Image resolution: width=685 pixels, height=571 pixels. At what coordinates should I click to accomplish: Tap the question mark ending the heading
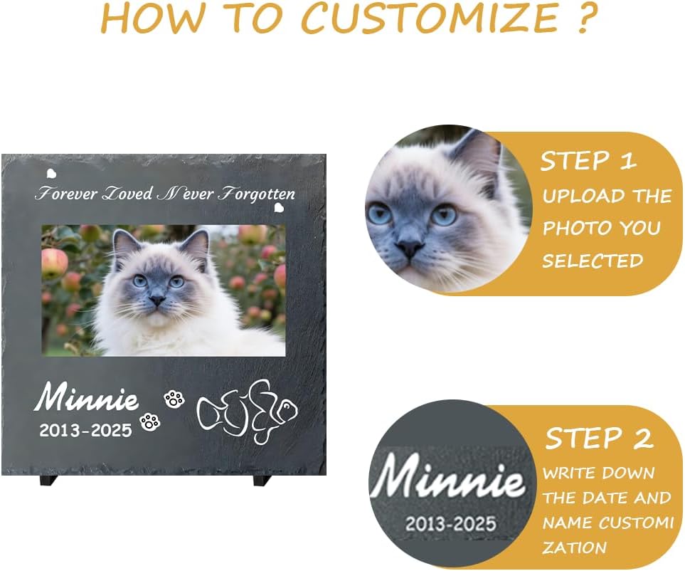[x=583, y=19]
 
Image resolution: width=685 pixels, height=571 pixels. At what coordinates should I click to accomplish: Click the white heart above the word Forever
[x=51, y=173]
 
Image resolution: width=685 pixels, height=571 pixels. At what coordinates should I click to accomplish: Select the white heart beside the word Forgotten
[x=280, y=208]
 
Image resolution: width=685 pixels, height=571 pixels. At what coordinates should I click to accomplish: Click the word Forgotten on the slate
[x=255, y=194]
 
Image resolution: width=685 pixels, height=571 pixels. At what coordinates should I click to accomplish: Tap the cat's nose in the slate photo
[x=156, y=301]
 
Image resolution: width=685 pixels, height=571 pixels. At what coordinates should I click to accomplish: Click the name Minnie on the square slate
[x=87, y=398]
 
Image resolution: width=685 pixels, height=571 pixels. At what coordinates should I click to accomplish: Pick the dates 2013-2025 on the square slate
[x=85, y=430]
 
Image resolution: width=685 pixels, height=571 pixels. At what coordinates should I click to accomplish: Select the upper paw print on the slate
[x=174, y=399]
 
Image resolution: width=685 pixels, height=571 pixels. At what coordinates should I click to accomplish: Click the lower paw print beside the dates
[x=150, y=421]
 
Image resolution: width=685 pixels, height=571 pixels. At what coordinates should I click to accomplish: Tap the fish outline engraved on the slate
[x=246, y=412]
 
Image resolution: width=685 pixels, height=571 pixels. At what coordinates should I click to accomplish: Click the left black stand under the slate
[x=49, y=481]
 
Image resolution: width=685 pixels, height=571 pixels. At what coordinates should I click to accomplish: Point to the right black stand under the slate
[x=262, y=481]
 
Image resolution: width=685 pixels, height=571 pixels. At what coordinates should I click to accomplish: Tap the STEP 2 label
[x=599, y=439]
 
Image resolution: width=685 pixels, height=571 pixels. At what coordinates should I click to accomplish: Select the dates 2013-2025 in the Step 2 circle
[x=450, y=525]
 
